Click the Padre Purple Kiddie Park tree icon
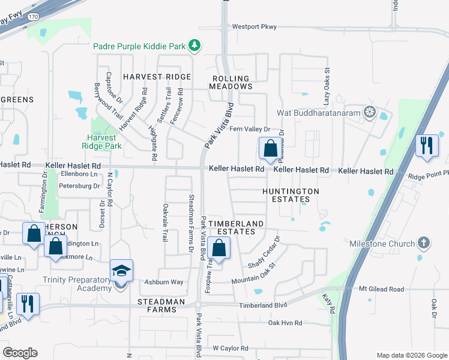coord(194,45)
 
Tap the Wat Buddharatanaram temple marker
coord(370,112)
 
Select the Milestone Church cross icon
coord(424,244)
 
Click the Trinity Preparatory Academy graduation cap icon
coord(121,271)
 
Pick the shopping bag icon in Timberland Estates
coord(220,248)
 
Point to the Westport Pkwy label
coord(255,26)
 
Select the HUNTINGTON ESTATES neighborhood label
coord(291,196)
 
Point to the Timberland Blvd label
coord(264,305)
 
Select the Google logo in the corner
coord(20,353)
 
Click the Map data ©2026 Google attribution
coord(411,355)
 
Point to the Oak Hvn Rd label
coord(285,323)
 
